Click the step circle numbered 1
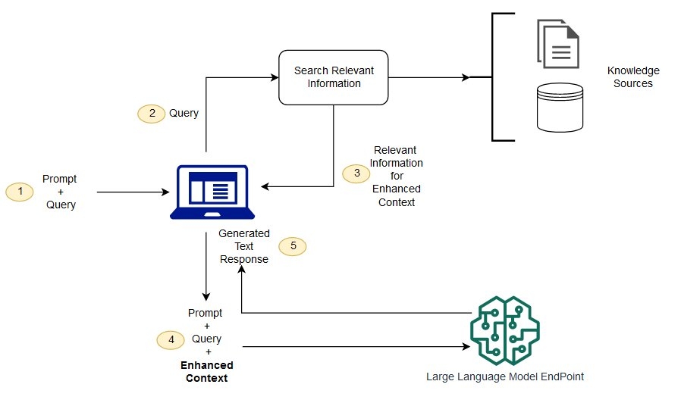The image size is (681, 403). (x=20, y=192)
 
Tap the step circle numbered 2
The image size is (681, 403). (x=152, y=113)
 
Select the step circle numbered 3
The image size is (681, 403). (x=356, y=173)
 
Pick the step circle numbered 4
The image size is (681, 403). (x=171, y=340)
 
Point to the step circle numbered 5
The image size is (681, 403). (x=293, y=246)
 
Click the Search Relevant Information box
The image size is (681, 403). (x=334, y=77)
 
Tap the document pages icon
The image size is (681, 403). (x=558, y=43)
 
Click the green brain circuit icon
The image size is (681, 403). (x=505, y=330)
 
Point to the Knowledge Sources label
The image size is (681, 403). (x=632, y=77)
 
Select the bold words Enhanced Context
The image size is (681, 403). (x=206, y=371)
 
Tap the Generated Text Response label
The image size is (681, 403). (x=243, y=246)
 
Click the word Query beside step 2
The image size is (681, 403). (x=184, y=113)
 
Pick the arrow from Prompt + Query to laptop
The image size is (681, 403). (x=133, y=192)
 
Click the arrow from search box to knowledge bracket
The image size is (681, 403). (x=429, y=77)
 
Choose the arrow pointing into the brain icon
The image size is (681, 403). (x=356, y=347)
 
